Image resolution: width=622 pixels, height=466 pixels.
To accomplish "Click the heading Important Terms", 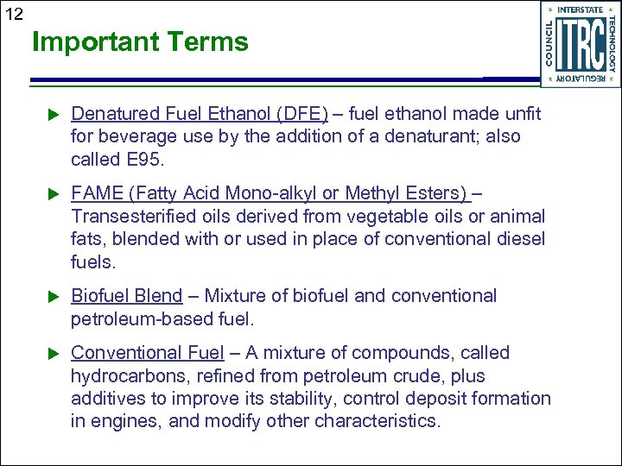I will point(140,41).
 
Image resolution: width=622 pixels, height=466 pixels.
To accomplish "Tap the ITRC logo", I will point(580,45).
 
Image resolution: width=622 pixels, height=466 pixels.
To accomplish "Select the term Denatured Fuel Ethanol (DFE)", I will point(200,114).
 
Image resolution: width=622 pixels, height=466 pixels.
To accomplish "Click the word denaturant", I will point(441,137).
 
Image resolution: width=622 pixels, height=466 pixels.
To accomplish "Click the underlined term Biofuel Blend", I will point(126,296).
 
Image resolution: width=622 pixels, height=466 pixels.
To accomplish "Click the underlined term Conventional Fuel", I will point(148,353).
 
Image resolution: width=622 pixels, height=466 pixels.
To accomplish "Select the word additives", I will point(104,399).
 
